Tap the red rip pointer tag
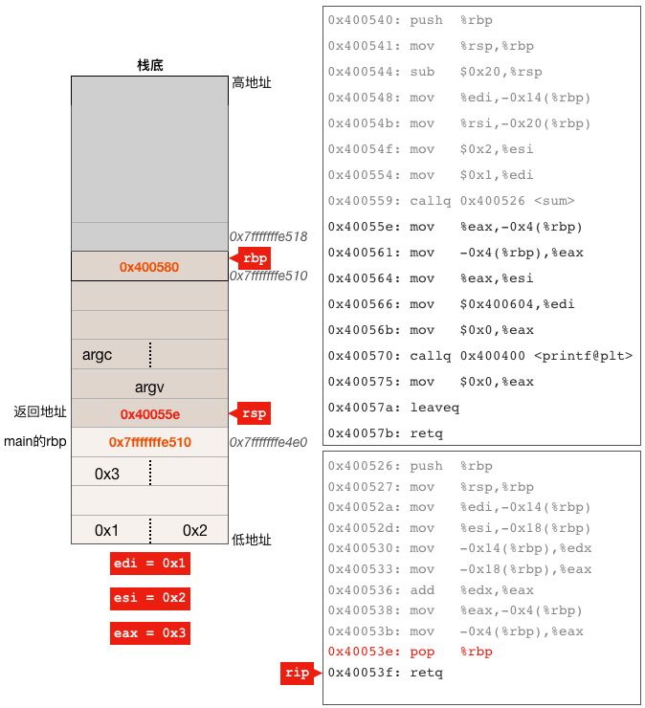tap(298, 673)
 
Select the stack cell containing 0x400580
tap(149, 267)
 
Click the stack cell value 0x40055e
tap(149, 414)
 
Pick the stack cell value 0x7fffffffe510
tap(149, 442)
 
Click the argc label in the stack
tap(98, 355)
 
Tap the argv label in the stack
tap(150, 387)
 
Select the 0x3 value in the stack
tap(107, 474)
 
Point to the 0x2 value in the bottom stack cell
tap(194, 530)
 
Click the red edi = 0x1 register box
tap(150, 564)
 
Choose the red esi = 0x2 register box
tap(150, 599)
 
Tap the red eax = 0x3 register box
tap(150, 633)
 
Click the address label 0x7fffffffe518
tap(267, 236)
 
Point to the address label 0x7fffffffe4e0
tap(267, 443)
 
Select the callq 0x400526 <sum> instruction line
tap(451, 201)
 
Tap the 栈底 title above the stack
tap(150, 66)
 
